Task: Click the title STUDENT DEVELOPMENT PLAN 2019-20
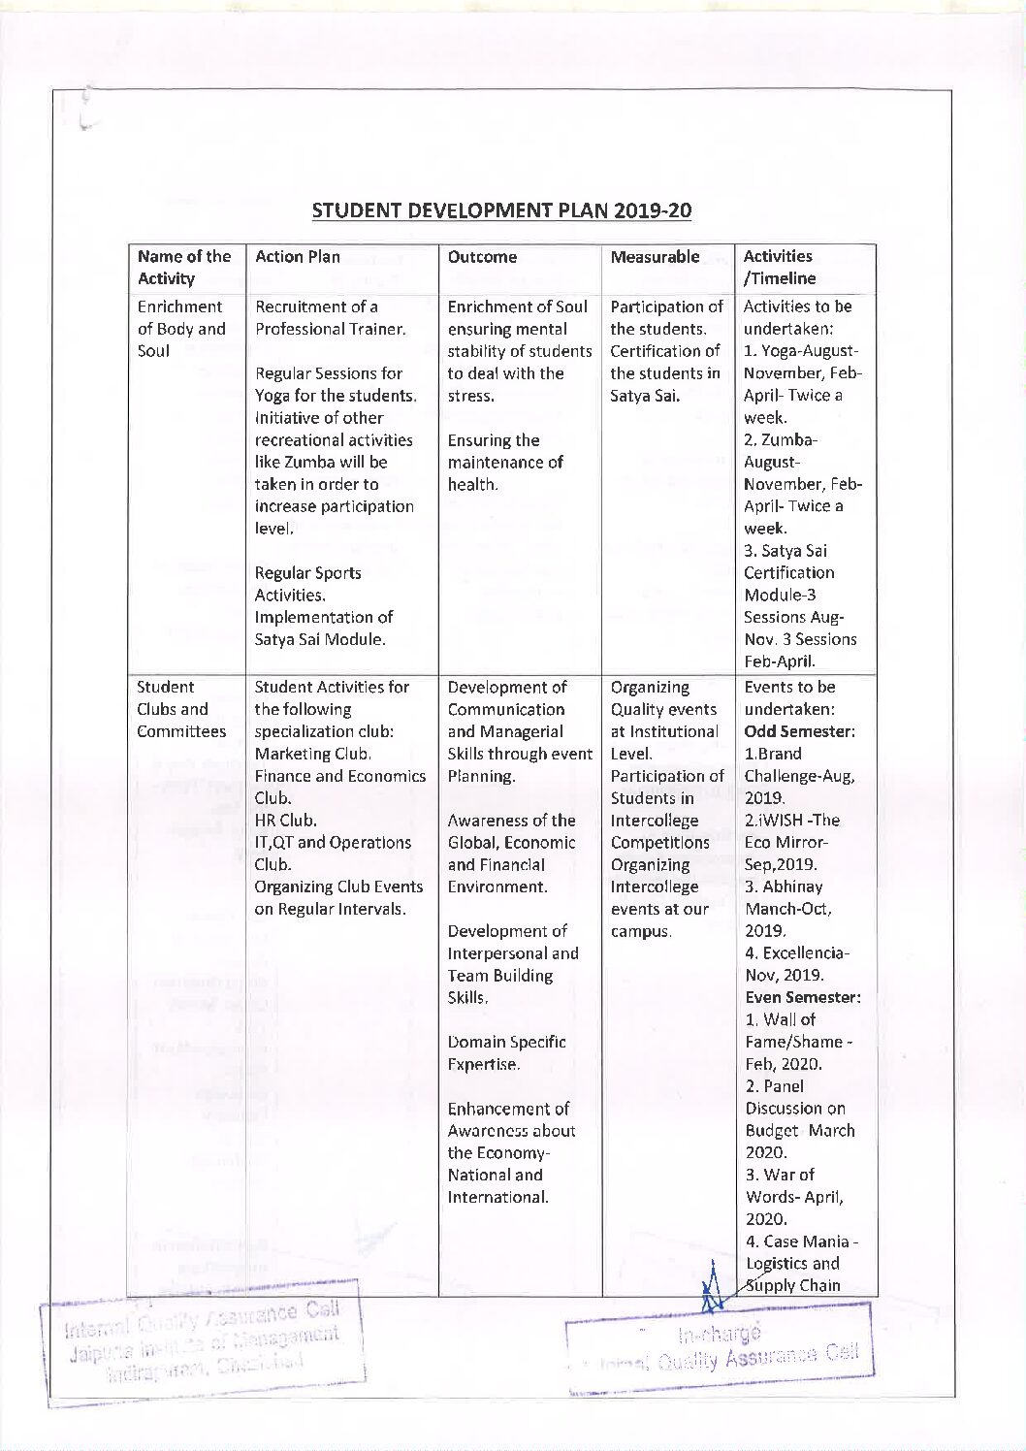(x=501, y=210)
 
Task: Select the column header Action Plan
(x=297, y=257)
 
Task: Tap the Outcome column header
(x=482, y=257)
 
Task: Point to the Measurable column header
(x=655, y=257)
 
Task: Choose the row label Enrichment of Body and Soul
(x=181, y=329)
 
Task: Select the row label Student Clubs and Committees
(x=181, y=709)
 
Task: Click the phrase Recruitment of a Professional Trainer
(x=330, y=318)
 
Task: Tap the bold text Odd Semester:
(x=800, y=731)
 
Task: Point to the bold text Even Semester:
(x=803, y=997)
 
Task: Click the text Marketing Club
(x=313, y=754)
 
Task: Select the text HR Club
(x=285, y=821)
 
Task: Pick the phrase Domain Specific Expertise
(x=506, y=1053)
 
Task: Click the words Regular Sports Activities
(x=307, y=584)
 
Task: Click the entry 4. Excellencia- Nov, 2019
(x=796, y=964)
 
